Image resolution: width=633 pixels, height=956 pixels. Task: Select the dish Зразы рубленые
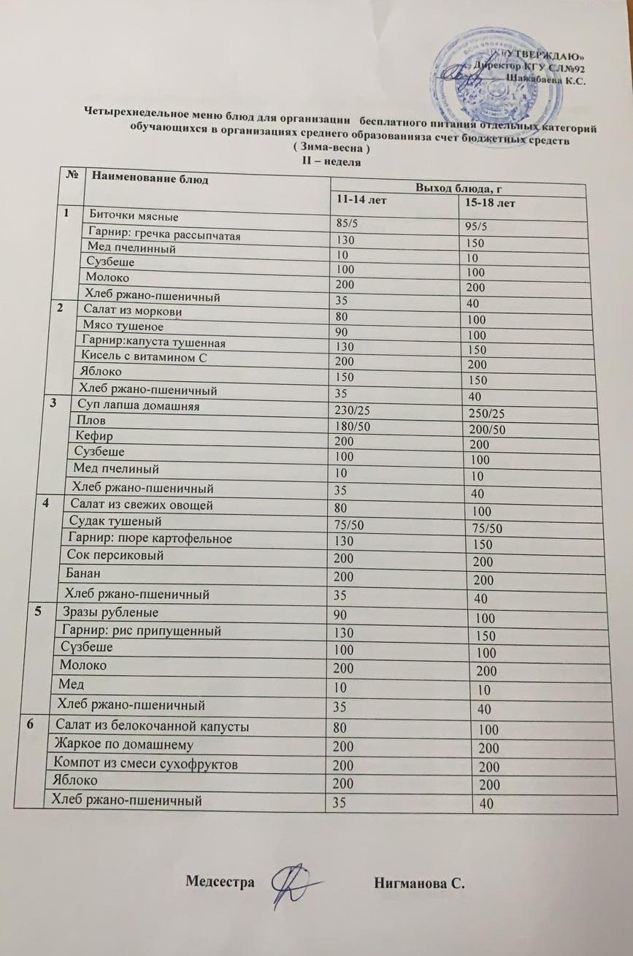coord(110,613)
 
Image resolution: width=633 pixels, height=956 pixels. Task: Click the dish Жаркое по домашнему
coord(123,745)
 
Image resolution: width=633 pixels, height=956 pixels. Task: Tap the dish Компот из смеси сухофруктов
coord(146,764)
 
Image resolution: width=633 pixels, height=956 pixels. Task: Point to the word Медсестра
coord(220,882)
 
